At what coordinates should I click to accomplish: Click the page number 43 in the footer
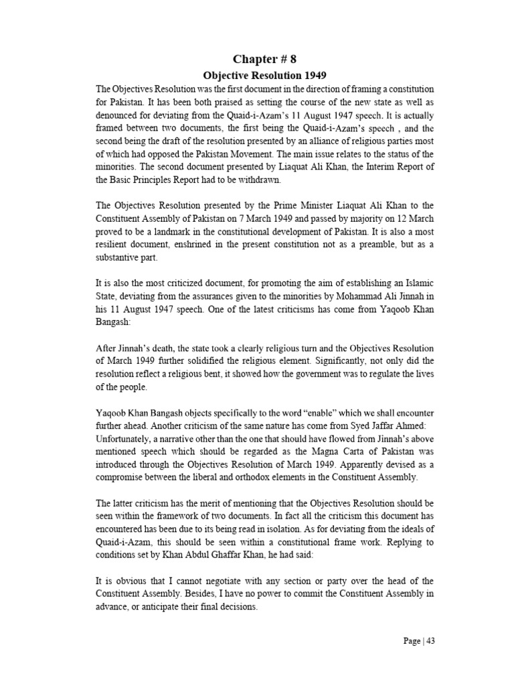[x=430, y=640]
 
